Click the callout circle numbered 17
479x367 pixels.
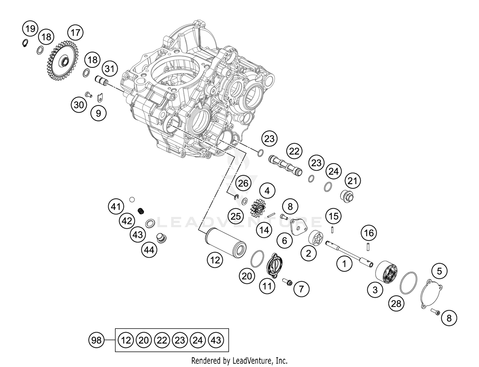click(x=75, y=32)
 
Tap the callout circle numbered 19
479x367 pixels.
click(x=30, y=29)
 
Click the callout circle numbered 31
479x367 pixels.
click(x=110, y=68)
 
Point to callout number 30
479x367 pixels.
click(x=79, y=105)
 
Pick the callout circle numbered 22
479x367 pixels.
click(x=294, y=151)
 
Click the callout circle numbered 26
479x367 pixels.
click(x=243, y=183)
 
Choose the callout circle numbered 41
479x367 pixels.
click(x=116, y=206)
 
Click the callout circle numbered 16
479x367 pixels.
click(x=369, y=233)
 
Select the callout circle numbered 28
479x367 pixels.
click(x=396, y=303)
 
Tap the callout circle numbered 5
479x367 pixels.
click(x=439, y=271)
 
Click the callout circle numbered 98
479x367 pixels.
click(x=96, y=340)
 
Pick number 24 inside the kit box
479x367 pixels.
click(x=198, y=340)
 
